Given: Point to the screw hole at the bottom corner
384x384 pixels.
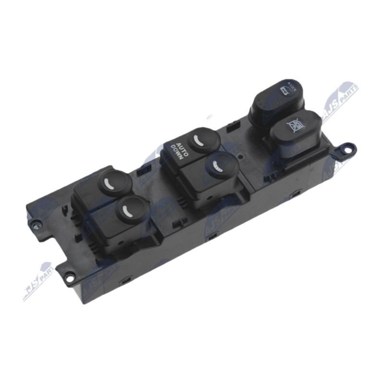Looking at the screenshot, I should [70, 276].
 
